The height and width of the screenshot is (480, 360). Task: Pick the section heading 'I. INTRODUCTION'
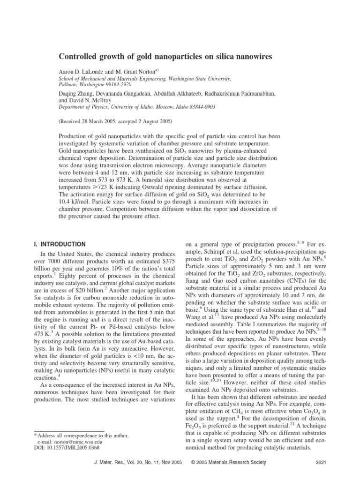[x=60, y=244]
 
